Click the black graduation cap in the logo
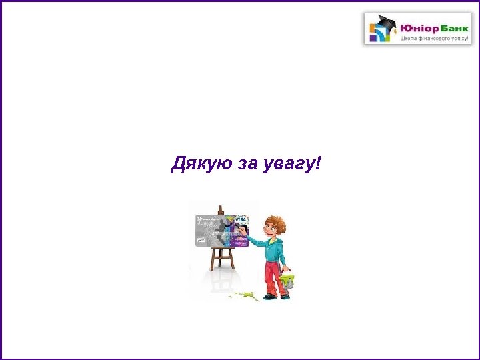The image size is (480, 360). pyautogui.click(x=385, y=21)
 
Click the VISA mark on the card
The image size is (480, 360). pyautogui.click(x=241, y=219)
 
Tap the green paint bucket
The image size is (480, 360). pyautogui.click(x=287, y=279)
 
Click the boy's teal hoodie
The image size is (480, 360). pyautogui.click(x=274, y=249)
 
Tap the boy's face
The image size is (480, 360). pyautogui.click(x=269, y=231)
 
